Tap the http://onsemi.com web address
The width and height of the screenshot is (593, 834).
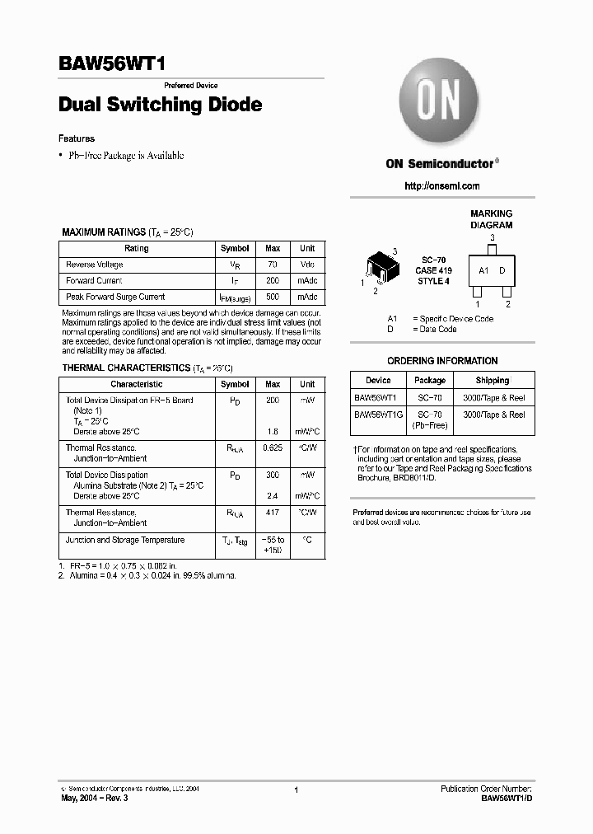(x=442, y=186)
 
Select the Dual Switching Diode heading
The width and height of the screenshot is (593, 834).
(x=161, y=105)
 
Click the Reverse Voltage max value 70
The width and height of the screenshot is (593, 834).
(x=273, y=265)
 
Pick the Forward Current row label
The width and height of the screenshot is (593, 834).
(x=94, y=281)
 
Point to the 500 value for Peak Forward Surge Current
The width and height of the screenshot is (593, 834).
(x=273, y=297)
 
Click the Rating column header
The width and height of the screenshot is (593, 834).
(x=137, y=248)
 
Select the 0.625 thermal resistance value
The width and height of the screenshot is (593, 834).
(x=273, y=447)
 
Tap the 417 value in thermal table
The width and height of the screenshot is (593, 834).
(x=273, y=513)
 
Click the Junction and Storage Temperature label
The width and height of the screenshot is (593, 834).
(x=125, y=541)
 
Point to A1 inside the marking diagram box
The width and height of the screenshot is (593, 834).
(x=484, y=270)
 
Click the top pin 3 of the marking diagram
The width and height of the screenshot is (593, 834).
(x=493, y=247)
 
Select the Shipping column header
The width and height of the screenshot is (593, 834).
(x=493, y=381)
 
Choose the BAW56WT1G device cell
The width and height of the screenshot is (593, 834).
(x=378, y=415)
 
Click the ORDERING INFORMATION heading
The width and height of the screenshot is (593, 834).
(x=442, y=361)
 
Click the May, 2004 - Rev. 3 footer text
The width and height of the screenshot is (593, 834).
(x=95, y=799)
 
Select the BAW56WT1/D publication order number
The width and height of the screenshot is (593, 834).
(x=508, y=799)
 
